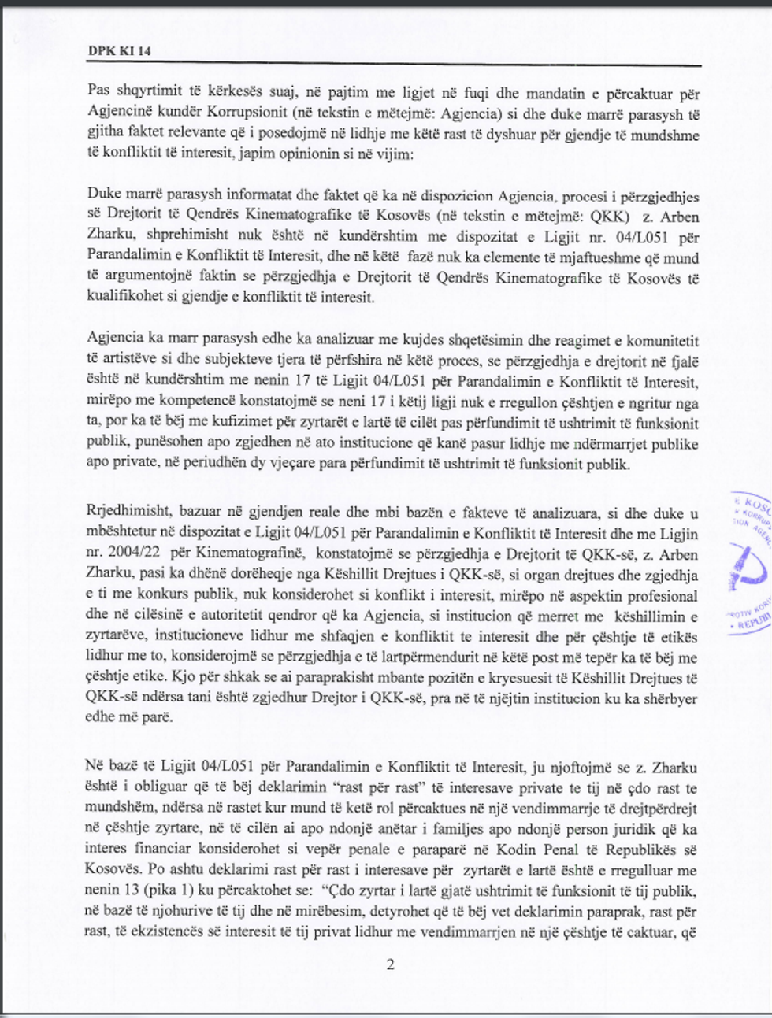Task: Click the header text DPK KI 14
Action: [x=120, y=52]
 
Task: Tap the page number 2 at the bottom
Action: [x=390, y=964]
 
